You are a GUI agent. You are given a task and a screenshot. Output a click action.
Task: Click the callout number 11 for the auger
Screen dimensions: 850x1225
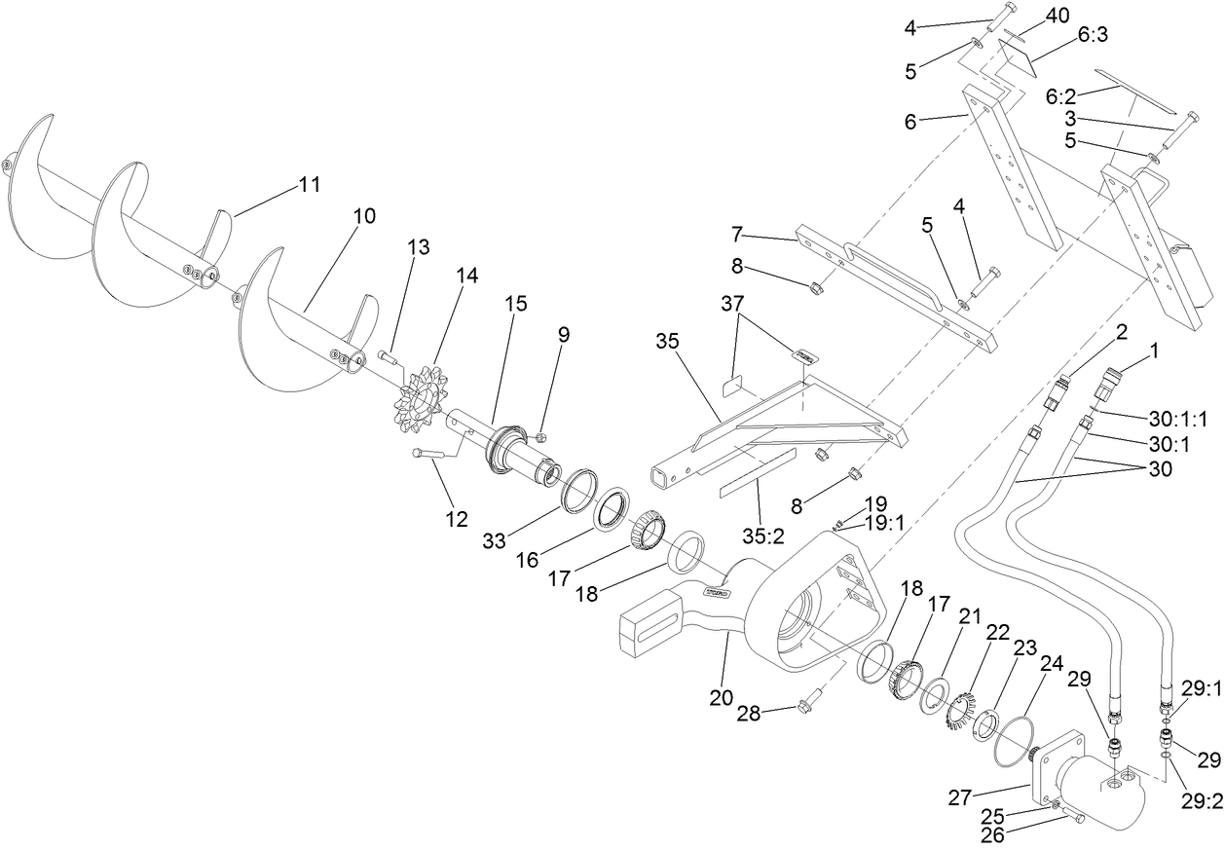point(309,184)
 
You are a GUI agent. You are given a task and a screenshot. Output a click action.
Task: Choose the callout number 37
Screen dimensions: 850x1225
point(737,304)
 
